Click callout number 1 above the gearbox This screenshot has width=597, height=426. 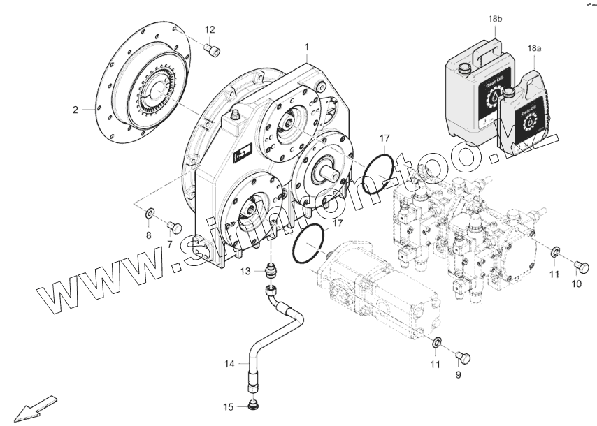306,47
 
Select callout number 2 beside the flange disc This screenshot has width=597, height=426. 75,110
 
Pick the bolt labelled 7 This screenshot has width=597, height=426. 175,227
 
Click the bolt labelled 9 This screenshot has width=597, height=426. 462,358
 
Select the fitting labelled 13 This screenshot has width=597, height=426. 271,270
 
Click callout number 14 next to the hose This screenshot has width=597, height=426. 230,363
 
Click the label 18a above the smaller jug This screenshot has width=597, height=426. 534,49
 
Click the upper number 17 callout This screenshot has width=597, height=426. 384,138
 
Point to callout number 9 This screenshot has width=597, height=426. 459,375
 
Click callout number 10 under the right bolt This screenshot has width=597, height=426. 576,284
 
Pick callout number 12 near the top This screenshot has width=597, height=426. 210,29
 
